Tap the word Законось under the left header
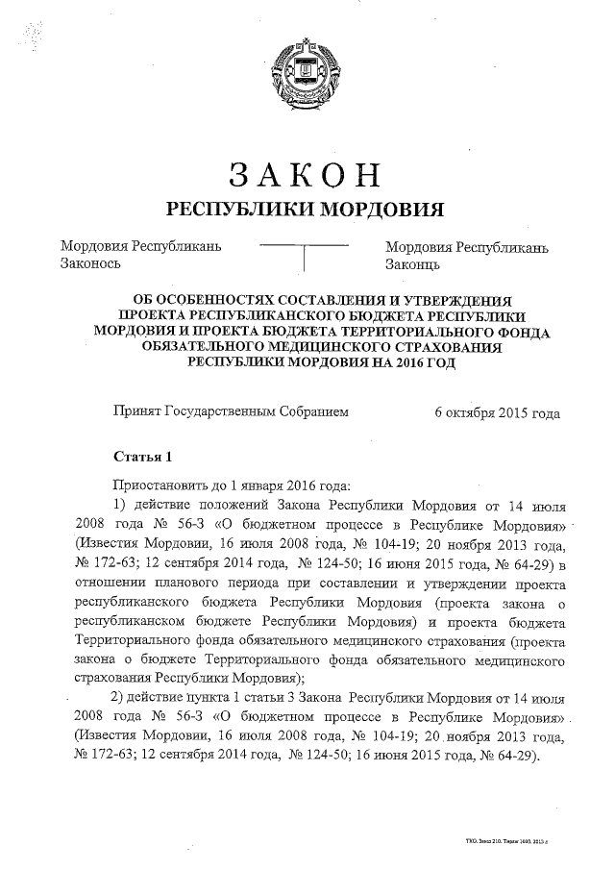90,263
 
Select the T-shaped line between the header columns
304,256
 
